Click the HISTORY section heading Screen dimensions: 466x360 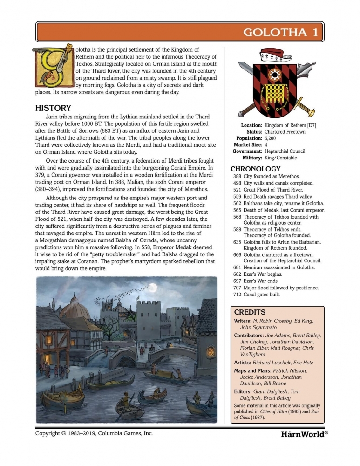[x=53, y=108]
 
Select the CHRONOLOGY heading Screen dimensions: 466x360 [x=256, y=169]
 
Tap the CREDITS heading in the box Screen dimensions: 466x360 [x=250, y=312]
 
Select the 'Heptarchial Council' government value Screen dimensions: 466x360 [x=285, y=151]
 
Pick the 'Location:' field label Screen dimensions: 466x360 [x=251, y=125]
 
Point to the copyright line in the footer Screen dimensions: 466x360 [x=94, y=433]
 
